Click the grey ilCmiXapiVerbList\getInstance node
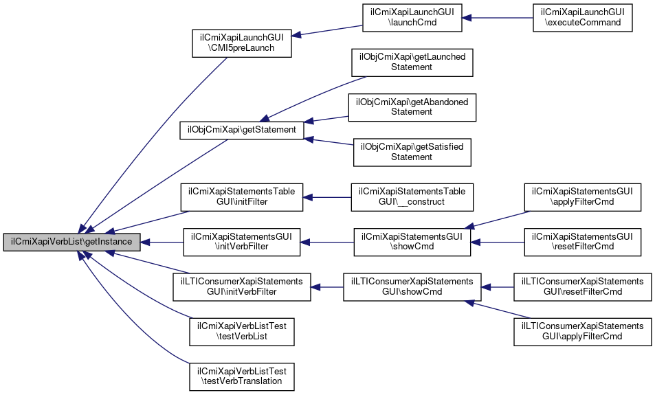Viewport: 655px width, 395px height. pyautogui.click(x=72, y=242)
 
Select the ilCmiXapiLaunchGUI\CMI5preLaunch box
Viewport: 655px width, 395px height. pyautogui.click(x=243, y=43)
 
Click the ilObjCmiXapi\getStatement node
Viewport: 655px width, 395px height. pyautogui.click(x=241, y=130)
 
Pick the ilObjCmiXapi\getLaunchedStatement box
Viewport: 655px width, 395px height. pyautogui.click(x=412, y=62)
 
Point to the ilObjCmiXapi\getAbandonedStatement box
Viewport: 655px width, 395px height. pyautogui.click(x=412, y=106)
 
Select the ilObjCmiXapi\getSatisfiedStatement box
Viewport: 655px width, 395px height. pyautogui.click(x=412, y=152)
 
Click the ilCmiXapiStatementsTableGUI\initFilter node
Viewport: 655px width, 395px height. pyautogui.click(x=241, y=197)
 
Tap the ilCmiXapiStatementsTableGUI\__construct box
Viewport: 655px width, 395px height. pyautogui.click(x=412, y=197)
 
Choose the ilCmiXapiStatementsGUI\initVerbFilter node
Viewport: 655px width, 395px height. pyautogui.click(x=241, y=242)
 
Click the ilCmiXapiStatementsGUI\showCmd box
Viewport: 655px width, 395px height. pyautogui.click(x=412, y=242)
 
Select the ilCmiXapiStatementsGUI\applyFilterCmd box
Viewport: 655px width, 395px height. pyautogui.click(x=582, y=197)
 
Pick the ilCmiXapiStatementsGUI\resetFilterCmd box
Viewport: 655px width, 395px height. pyautogui.click(x=582, y=242)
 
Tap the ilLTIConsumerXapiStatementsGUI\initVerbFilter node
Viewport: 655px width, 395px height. pyautogui.click(x=241, y=287)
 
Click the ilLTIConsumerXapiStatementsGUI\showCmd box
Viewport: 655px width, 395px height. pyautogui.click(x=412, y=287)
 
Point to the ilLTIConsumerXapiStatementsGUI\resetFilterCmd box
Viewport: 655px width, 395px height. pyautogui.click(x=582, y=287)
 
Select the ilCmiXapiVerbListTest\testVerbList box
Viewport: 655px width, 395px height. pyautogui.click(x=243, y=332)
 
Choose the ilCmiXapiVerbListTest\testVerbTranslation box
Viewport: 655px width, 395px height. pyautogui.click(x=243, y=377)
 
